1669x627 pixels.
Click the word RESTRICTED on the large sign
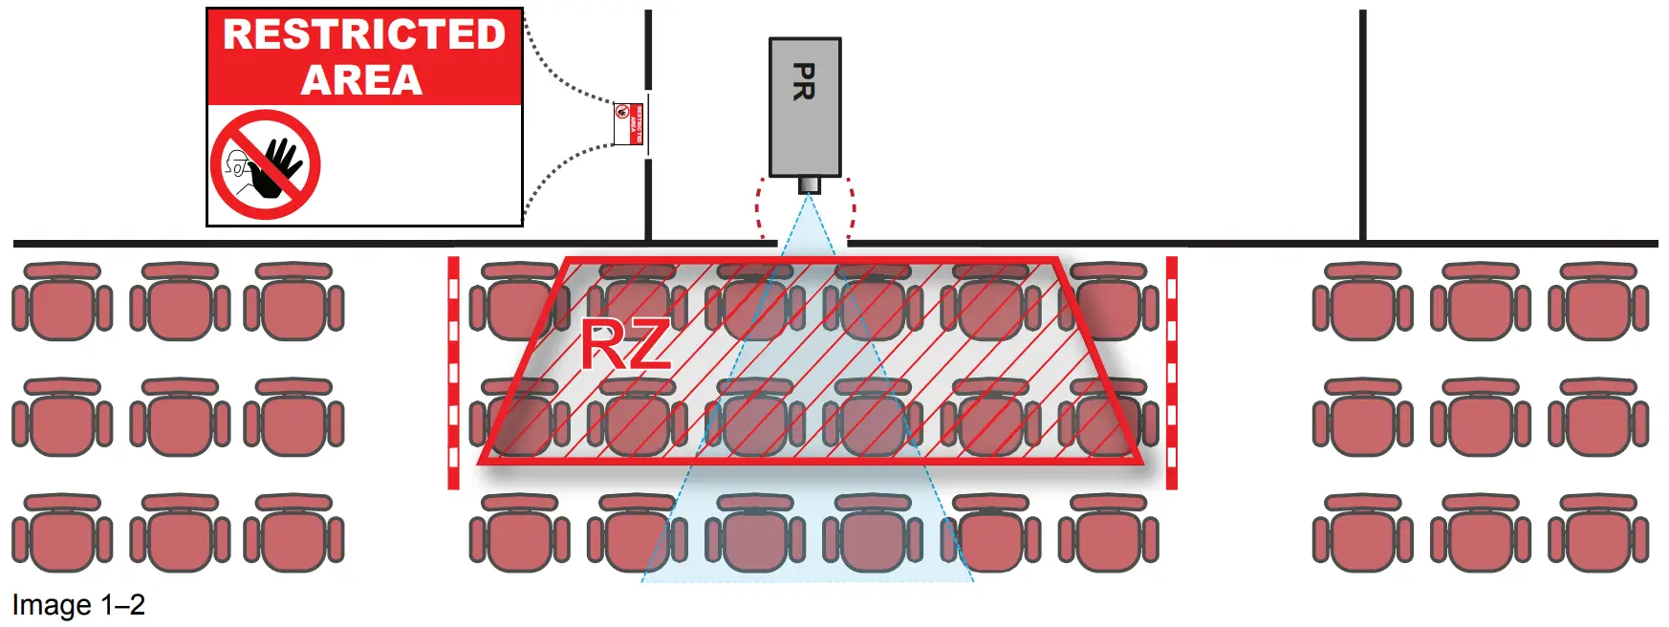coord(364,34)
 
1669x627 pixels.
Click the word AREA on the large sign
coord(362,80)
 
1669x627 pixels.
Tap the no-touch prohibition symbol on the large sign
coord(265,164)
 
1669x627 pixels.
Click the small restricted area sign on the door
coord(628,123)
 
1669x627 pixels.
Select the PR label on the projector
coord(804,81)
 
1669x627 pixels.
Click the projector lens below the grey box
coord(809,184)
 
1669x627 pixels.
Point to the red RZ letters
coord(626,346)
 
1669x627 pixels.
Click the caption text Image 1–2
coord(78,605)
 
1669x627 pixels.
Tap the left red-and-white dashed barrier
coord(453,373)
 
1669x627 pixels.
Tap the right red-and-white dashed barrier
coord(1172,373)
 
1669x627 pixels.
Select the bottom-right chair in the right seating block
coord(1598,532)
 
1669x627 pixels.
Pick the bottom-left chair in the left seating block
coord(62,532)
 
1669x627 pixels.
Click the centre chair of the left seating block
coord(180,418)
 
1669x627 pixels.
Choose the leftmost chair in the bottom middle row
coord(519,532)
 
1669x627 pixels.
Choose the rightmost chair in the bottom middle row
coord(1108,532)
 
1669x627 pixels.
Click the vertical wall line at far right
coord(1362,124)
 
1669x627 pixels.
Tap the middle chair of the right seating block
coord(1480,418)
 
